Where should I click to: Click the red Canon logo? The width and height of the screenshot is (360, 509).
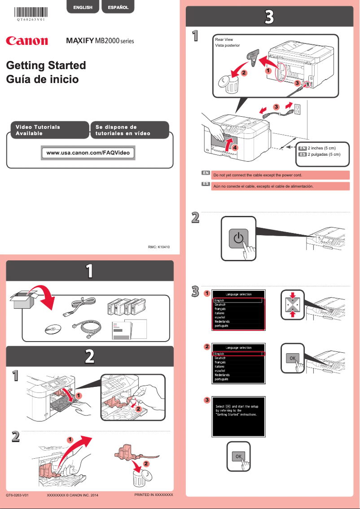click(27, 41)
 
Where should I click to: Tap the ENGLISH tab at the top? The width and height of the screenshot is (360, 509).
click(83, 7)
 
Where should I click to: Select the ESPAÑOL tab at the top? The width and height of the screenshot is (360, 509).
click(118, 7)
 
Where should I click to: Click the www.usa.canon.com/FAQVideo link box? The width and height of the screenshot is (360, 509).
click(88, 153)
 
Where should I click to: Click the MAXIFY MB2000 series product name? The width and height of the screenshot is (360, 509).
click(100, 41)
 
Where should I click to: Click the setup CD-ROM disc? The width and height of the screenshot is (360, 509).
click(53, 329)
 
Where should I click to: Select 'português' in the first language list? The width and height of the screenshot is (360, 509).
click(222, 326)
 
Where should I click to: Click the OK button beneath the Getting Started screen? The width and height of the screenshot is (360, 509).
click(238, 456)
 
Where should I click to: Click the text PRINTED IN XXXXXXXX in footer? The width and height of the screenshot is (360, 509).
click(154, 495)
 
